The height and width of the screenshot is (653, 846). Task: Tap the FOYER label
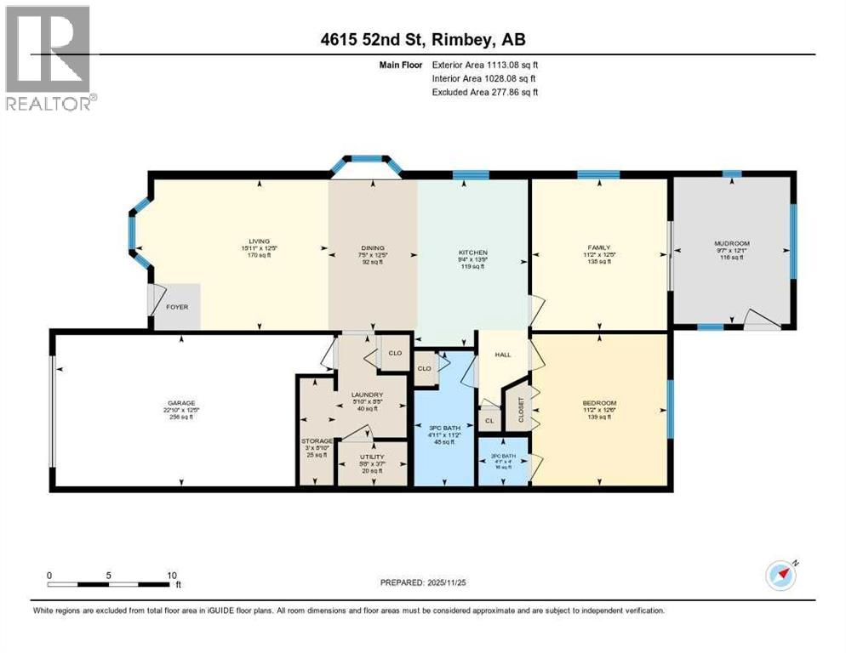(176, 307)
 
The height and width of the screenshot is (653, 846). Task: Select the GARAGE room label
(181, 402)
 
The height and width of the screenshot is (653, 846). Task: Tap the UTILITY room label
(370, 457)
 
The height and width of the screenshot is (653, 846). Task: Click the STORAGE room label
(316, 441)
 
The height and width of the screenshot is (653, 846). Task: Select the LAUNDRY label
(368, 395)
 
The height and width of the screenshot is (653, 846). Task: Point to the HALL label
(502, 354)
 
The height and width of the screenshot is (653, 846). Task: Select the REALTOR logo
(49, 58)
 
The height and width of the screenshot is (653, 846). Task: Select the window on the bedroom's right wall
(670, 409)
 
